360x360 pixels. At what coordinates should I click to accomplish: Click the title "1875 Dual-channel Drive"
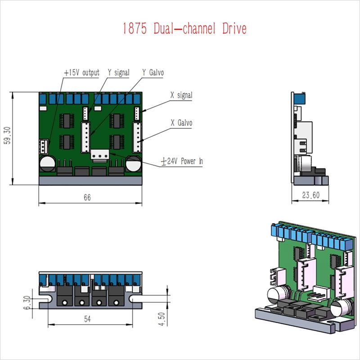point(184,28)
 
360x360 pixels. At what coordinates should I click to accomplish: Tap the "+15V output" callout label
point(82,72)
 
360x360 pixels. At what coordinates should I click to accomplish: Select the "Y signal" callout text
point(119,72)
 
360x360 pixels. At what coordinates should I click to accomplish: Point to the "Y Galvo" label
point(153,72)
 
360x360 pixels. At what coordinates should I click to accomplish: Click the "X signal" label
point(181,95)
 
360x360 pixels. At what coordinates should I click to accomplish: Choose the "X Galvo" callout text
point(181,122)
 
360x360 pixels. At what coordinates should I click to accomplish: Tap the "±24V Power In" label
point(182,161)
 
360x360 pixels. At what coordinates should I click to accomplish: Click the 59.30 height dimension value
point(7,135)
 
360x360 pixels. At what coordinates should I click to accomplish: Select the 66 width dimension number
point(87,198)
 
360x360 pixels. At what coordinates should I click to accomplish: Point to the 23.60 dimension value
point(310,195)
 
